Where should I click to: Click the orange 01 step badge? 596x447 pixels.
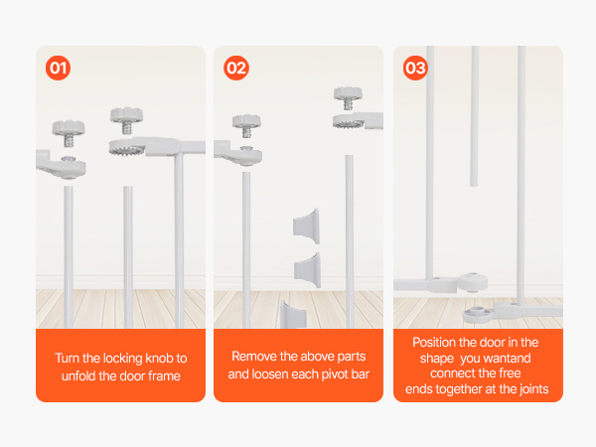(59, 68)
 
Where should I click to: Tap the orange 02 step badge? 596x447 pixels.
(236, 68)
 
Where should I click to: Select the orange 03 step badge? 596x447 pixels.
(415, 68)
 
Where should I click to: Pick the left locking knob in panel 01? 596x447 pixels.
(69, 133)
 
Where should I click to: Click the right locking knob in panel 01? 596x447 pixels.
(126, 120)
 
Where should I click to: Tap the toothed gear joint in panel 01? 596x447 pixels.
(127, 147)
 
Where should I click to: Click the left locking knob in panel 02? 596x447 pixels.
(246, 125)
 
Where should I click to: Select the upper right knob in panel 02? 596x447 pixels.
(348, 97)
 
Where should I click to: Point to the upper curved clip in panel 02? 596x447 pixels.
(306, 226)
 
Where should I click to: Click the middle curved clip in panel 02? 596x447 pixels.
(308, 269)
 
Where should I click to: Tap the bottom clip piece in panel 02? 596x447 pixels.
(293, 314)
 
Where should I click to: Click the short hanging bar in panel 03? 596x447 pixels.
(475, 116)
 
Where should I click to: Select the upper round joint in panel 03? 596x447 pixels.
(472, 282)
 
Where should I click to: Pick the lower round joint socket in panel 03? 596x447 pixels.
(478, 315)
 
